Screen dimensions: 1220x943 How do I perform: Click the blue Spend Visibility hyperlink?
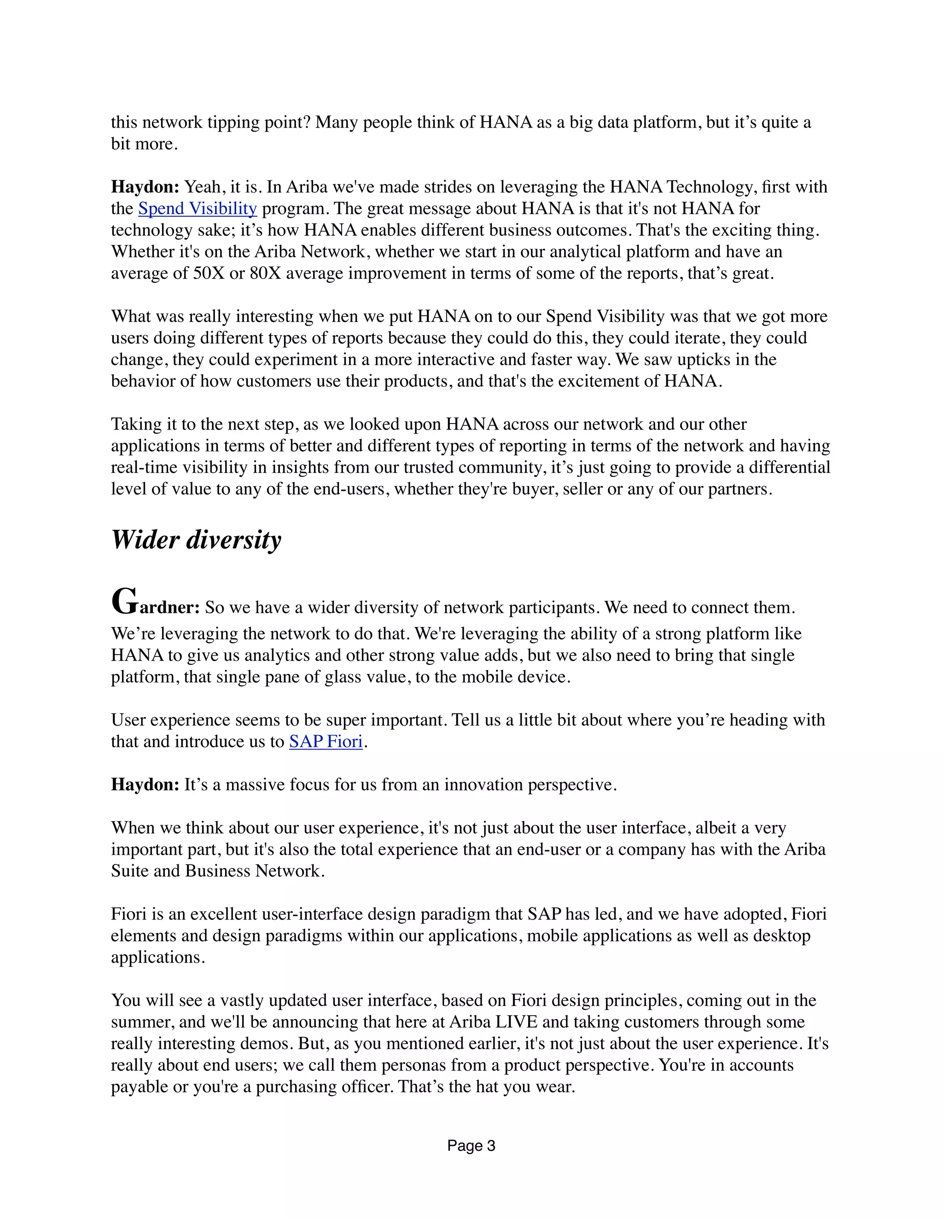point(197,209)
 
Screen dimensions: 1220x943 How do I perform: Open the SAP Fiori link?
point(326,742)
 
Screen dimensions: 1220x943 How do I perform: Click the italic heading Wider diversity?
point(196,540)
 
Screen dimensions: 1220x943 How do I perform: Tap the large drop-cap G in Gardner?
point(124,602)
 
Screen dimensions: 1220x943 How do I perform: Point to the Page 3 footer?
point(471,1146)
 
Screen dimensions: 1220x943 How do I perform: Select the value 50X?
point(209,274)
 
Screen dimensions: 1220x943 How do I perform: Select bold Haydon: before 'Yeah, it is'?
point(145,187)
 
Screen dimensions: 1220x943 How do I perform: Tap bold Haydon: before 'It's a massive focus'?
point(145,785)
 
